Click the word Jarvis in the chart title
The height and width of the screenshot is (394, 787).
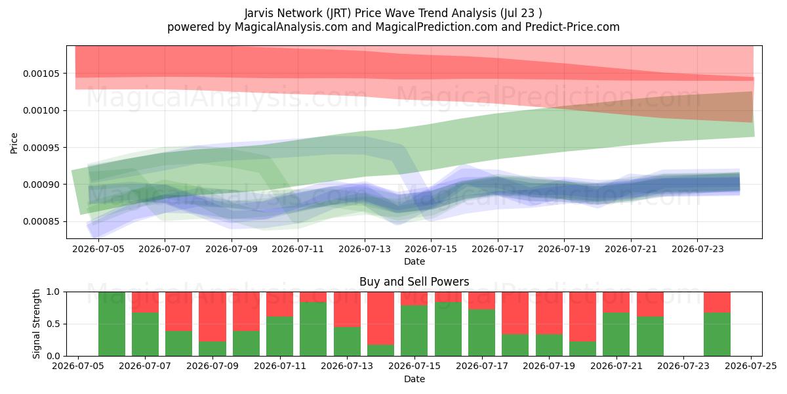(259, 13)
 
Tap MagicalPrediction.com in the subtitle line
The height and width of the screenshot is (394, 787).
(436, 27)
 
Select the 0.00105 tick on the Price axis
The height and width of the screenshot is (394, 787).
(41, 74)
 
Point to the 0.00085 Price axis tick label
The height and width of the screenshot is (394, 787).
(41, 222)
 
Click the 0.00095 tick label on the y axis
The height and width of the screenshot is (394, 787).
(41, 148)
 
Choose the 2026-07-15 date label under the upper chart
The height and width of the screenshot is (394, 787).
(431, 249)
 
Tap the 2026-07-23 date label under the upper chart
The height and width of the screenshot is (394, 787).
(697, 249)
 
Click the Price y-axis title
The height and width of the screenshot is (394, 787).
(14, 143)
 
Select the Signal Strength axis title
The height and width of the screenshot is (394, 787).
(36, 324)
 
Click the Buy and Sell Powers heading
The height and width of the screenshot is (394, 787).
(414, 282)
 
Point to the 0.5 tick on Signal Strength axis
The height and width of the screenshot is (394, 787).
(54, 324)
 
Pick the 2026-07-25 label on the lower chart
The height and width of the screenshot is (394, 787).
(751, 366)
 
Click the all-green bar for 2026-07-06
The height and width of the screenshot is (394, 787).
(111, 324)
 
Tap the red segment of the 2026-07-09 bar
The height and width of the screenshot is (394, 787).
(212, 317)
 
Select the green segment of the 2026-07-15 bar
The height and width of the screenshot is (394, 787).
(414, 331)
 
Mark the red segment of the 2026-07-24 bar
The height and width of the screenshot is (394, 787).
(717, 302)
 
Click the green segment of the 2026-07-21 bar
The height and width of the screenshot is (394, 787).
(616, 334)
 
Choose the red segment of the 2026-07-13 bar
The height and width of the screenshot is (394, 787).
(347, 309)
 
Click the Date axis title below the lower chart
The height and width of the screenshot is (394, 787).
(414, 379)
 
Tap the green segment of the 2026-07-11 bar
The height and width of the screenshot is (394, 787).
(279, 336)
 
